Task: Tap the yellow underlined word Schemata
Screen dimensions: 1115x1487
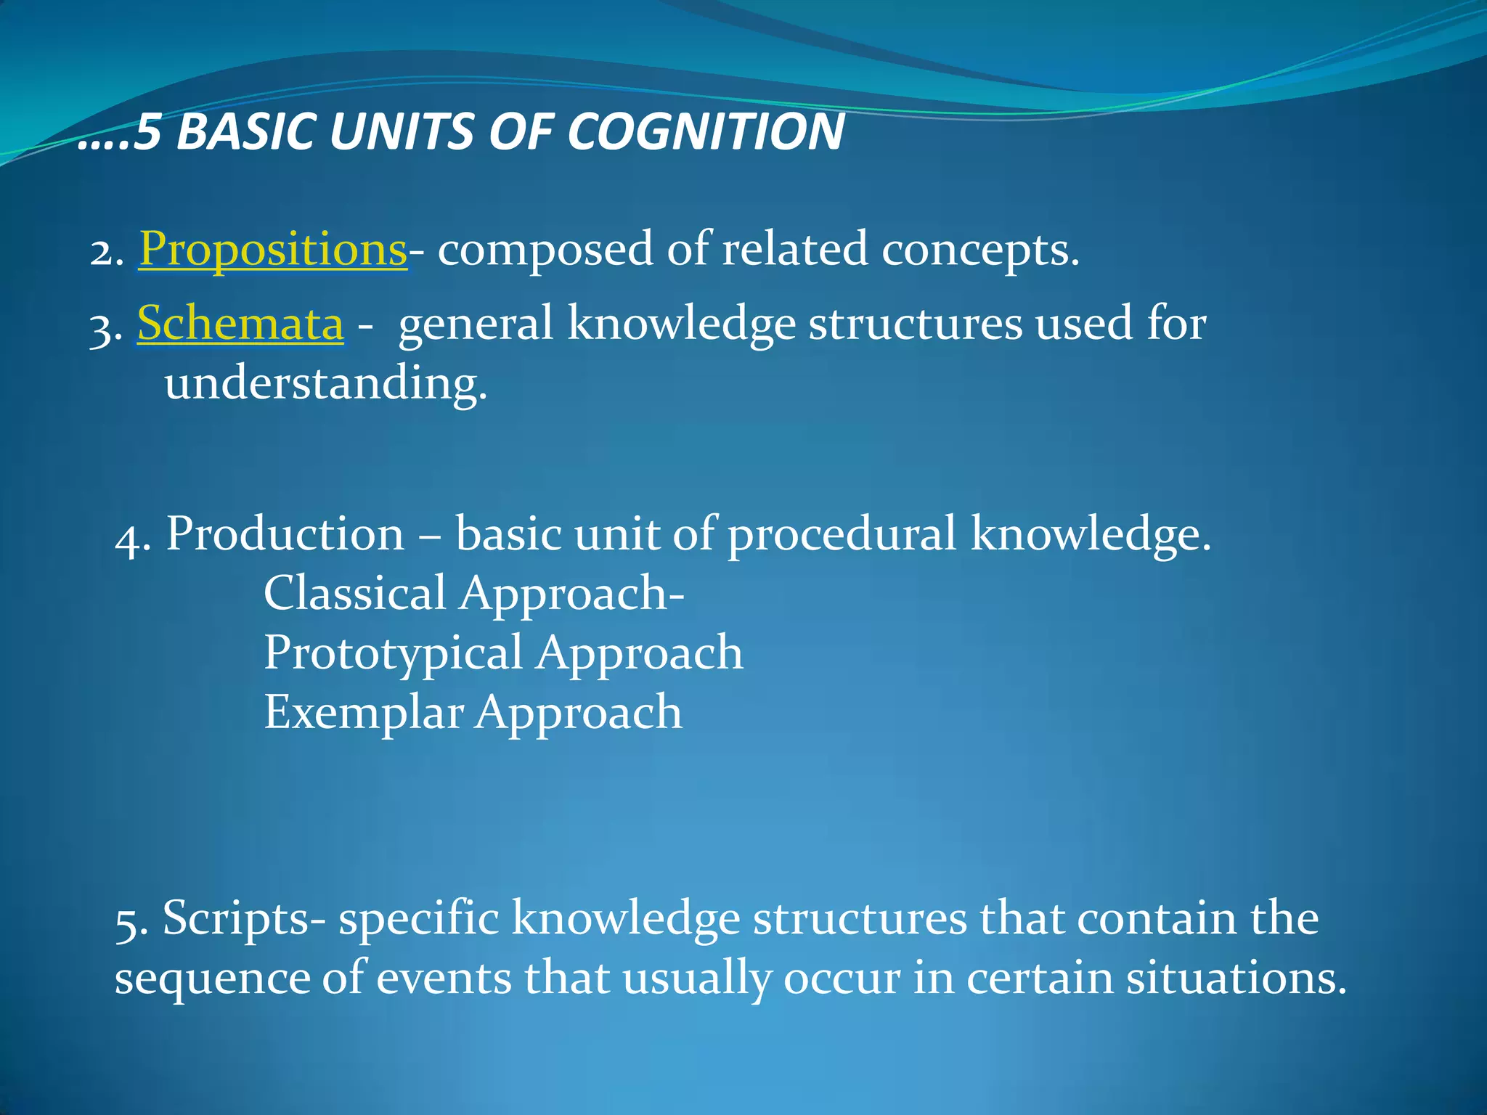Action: [x=240, y=323]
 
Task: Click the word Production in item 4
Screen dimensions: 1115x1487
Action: [x=285, y=535]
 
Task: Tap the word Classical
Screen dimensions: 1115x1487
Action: [x=354, y=593]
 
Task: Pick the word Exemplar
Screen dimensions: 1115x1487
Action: [x=363, y=712]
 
